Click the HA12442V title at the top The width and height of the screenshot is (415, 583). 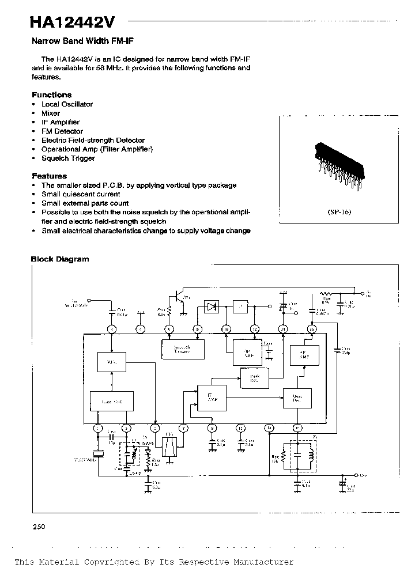[x=73, y=22]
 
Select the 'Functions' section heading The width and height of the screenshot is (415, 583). [x=52, y=94]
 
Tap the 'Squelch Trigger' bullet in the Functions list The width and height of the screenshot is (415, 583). [x=68, y=158]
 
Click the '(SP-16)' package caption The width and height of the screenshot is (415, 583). [x=339, y=211]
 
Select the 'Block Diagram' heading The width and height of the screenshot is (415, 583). [x=60, y=259]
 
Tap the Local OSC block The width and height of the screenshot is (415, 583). [x=111, y=400]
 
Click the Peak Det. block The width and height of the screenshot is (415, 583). [x=254, y=377]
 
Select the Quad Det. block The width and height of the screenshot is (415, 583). [x=297, y=398]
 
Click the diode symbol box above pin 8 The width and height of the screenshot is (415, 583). [x=212, y=306]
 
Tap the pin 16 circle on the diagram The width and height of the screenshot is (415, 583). [x=312, y=330]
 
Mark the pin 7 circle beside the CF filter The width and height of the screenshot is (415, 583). [x=183, y=427]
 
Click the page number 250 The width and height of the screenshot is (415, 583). [x=39, y=527]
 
